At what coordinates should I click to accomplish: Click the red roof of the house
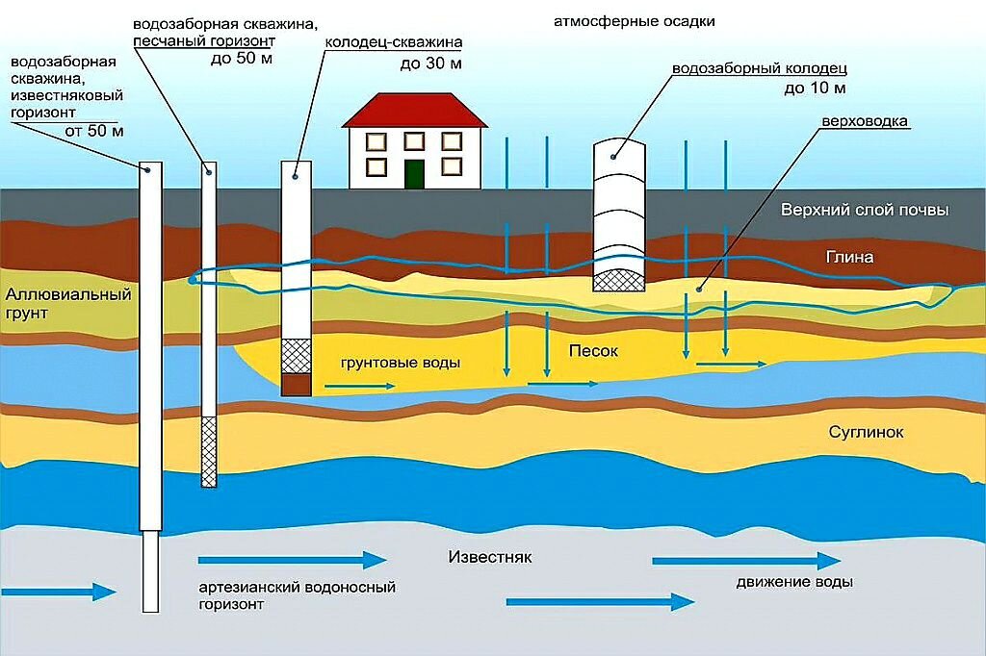pyautogui.click(x=415, y=111)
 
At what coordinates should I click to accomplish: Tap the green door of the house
pyautogui.click(x=414, y=174)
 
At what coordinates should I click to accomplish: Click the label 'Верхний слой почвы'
pyautogui.click(x=865, y=210)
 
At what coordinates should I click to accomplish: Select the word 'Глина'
pyautogui.click(x=849, y=257)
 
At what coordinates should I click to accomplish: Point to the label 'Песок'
pyautogui.click(x=593, y=351)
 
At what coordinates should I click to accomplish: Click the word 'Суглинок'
pyautogui.click(x=866, y=432)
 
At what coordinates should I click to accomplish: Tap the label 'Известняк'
pyautogui.click(x=490, y=557)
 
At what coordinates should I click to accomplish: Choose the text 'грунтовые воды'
pyautogui.click(x=401, y=364)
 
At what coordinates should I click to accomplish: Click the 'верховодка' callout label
pyautogui.click(x=865, y=121)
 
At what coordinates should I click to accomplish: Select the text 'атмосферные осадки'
pyautogui.click(x=634, y=22)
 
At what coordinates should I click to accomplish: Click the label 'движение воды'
pyautogui.click(x=794, y=582)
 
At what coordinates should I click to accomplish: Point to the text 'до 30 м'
pyautogui.click(x=430, y=64)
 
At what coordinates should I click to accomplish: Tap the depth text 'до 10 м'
pyautogui.click(x=815, y=88)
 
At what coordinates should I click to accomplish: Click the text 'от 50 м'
pyautogui.click(x=94, y=132)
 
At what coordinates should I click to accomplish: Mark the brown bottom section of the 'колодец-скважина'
pyautogui.click(x=297, y=385)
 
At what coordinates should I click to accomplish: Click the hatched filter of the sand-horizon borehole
pyautogui.click(x=209, y=452)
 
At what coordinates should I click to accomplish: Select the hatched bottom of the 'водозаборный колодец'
pyautogui.click(x=619, y=280)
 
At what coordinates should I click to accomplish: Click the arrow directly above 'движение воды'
pyautogui.click(x=746, y=560)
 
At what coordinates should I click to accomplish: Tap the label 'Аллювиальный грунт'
pyautogui.click(x=68, y=304)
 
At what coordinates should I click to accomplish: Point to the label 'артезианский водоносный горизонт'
pyautogui.click(x=298, y=595)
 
